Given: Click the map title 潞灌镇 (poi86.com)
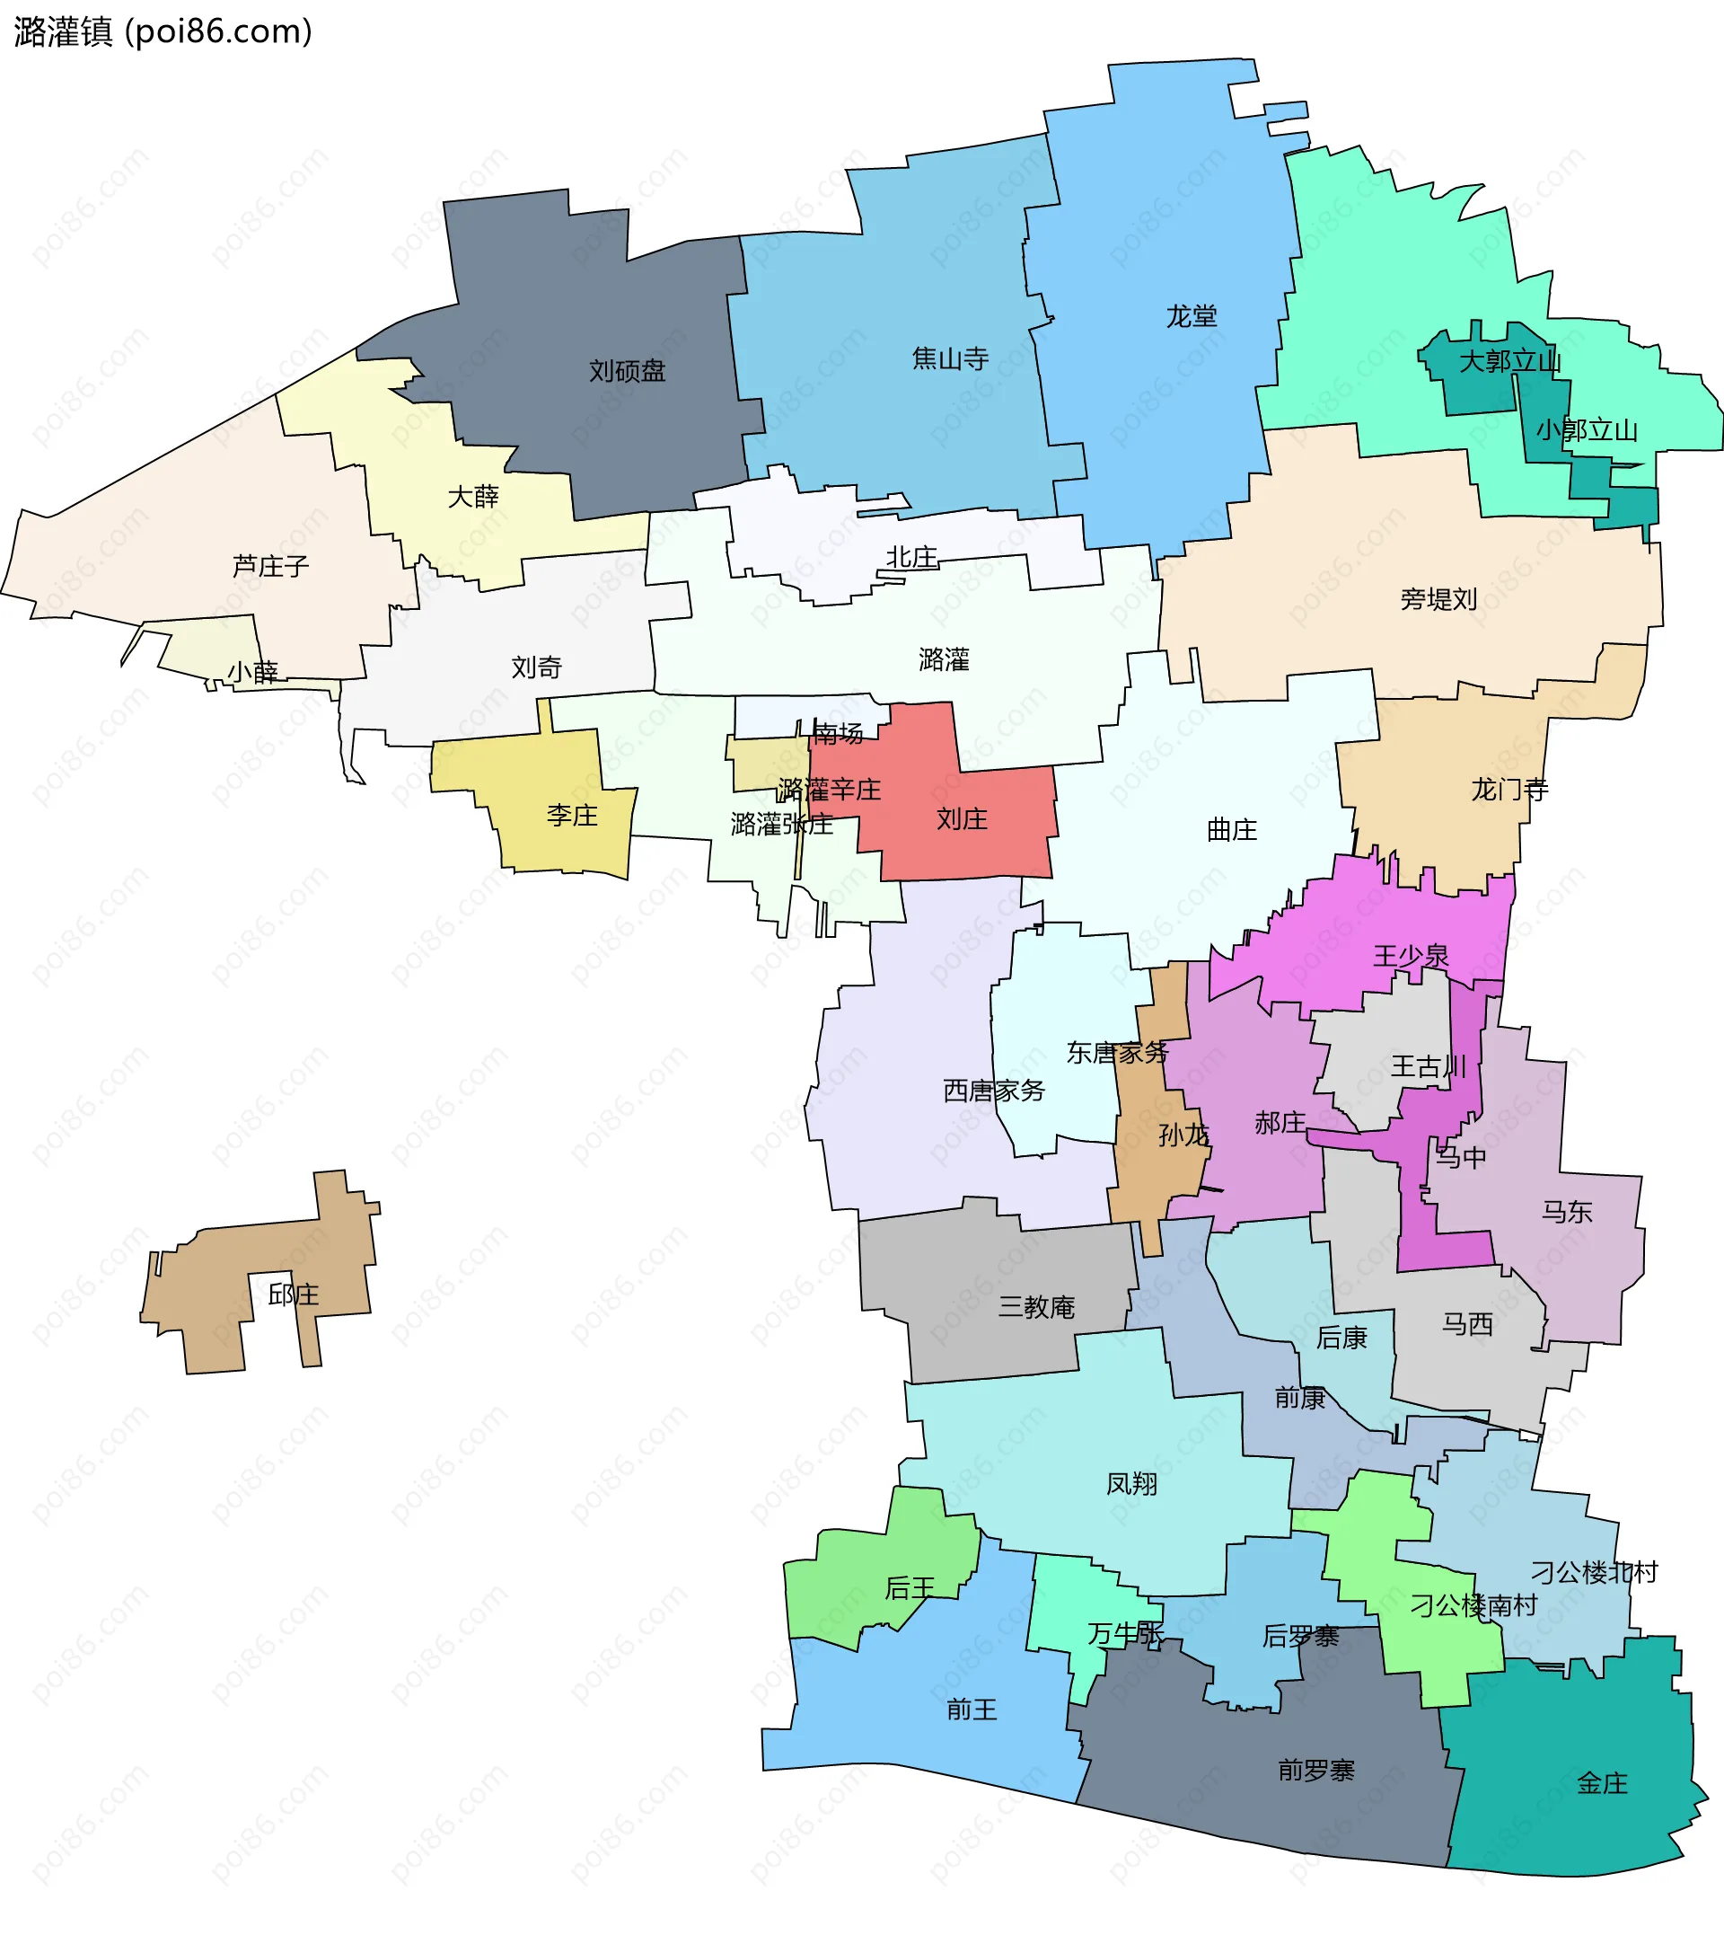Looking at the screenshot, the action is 163,32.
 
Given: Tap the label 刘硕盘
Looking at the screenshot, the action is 627,370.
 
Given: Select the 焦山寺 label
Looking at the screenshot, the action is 950,358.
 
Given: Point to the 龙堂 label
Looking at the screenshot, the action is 1191,316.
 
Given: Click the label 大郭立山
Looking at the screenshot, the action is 1509,361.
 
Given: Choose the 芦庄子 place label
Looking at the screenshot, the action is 271,567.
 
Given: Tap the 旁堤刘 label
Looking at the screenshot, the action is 1438,599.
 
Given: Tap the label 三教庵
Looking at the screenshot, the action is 1036,1308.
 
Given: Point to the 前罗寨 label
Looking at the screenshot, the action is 1315,1770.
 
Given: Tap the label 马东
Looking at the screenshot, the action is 1567,1212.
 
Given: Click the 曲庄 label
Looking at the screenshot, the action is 1231,830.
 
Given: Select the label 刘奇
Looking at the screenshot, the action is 536,668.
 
